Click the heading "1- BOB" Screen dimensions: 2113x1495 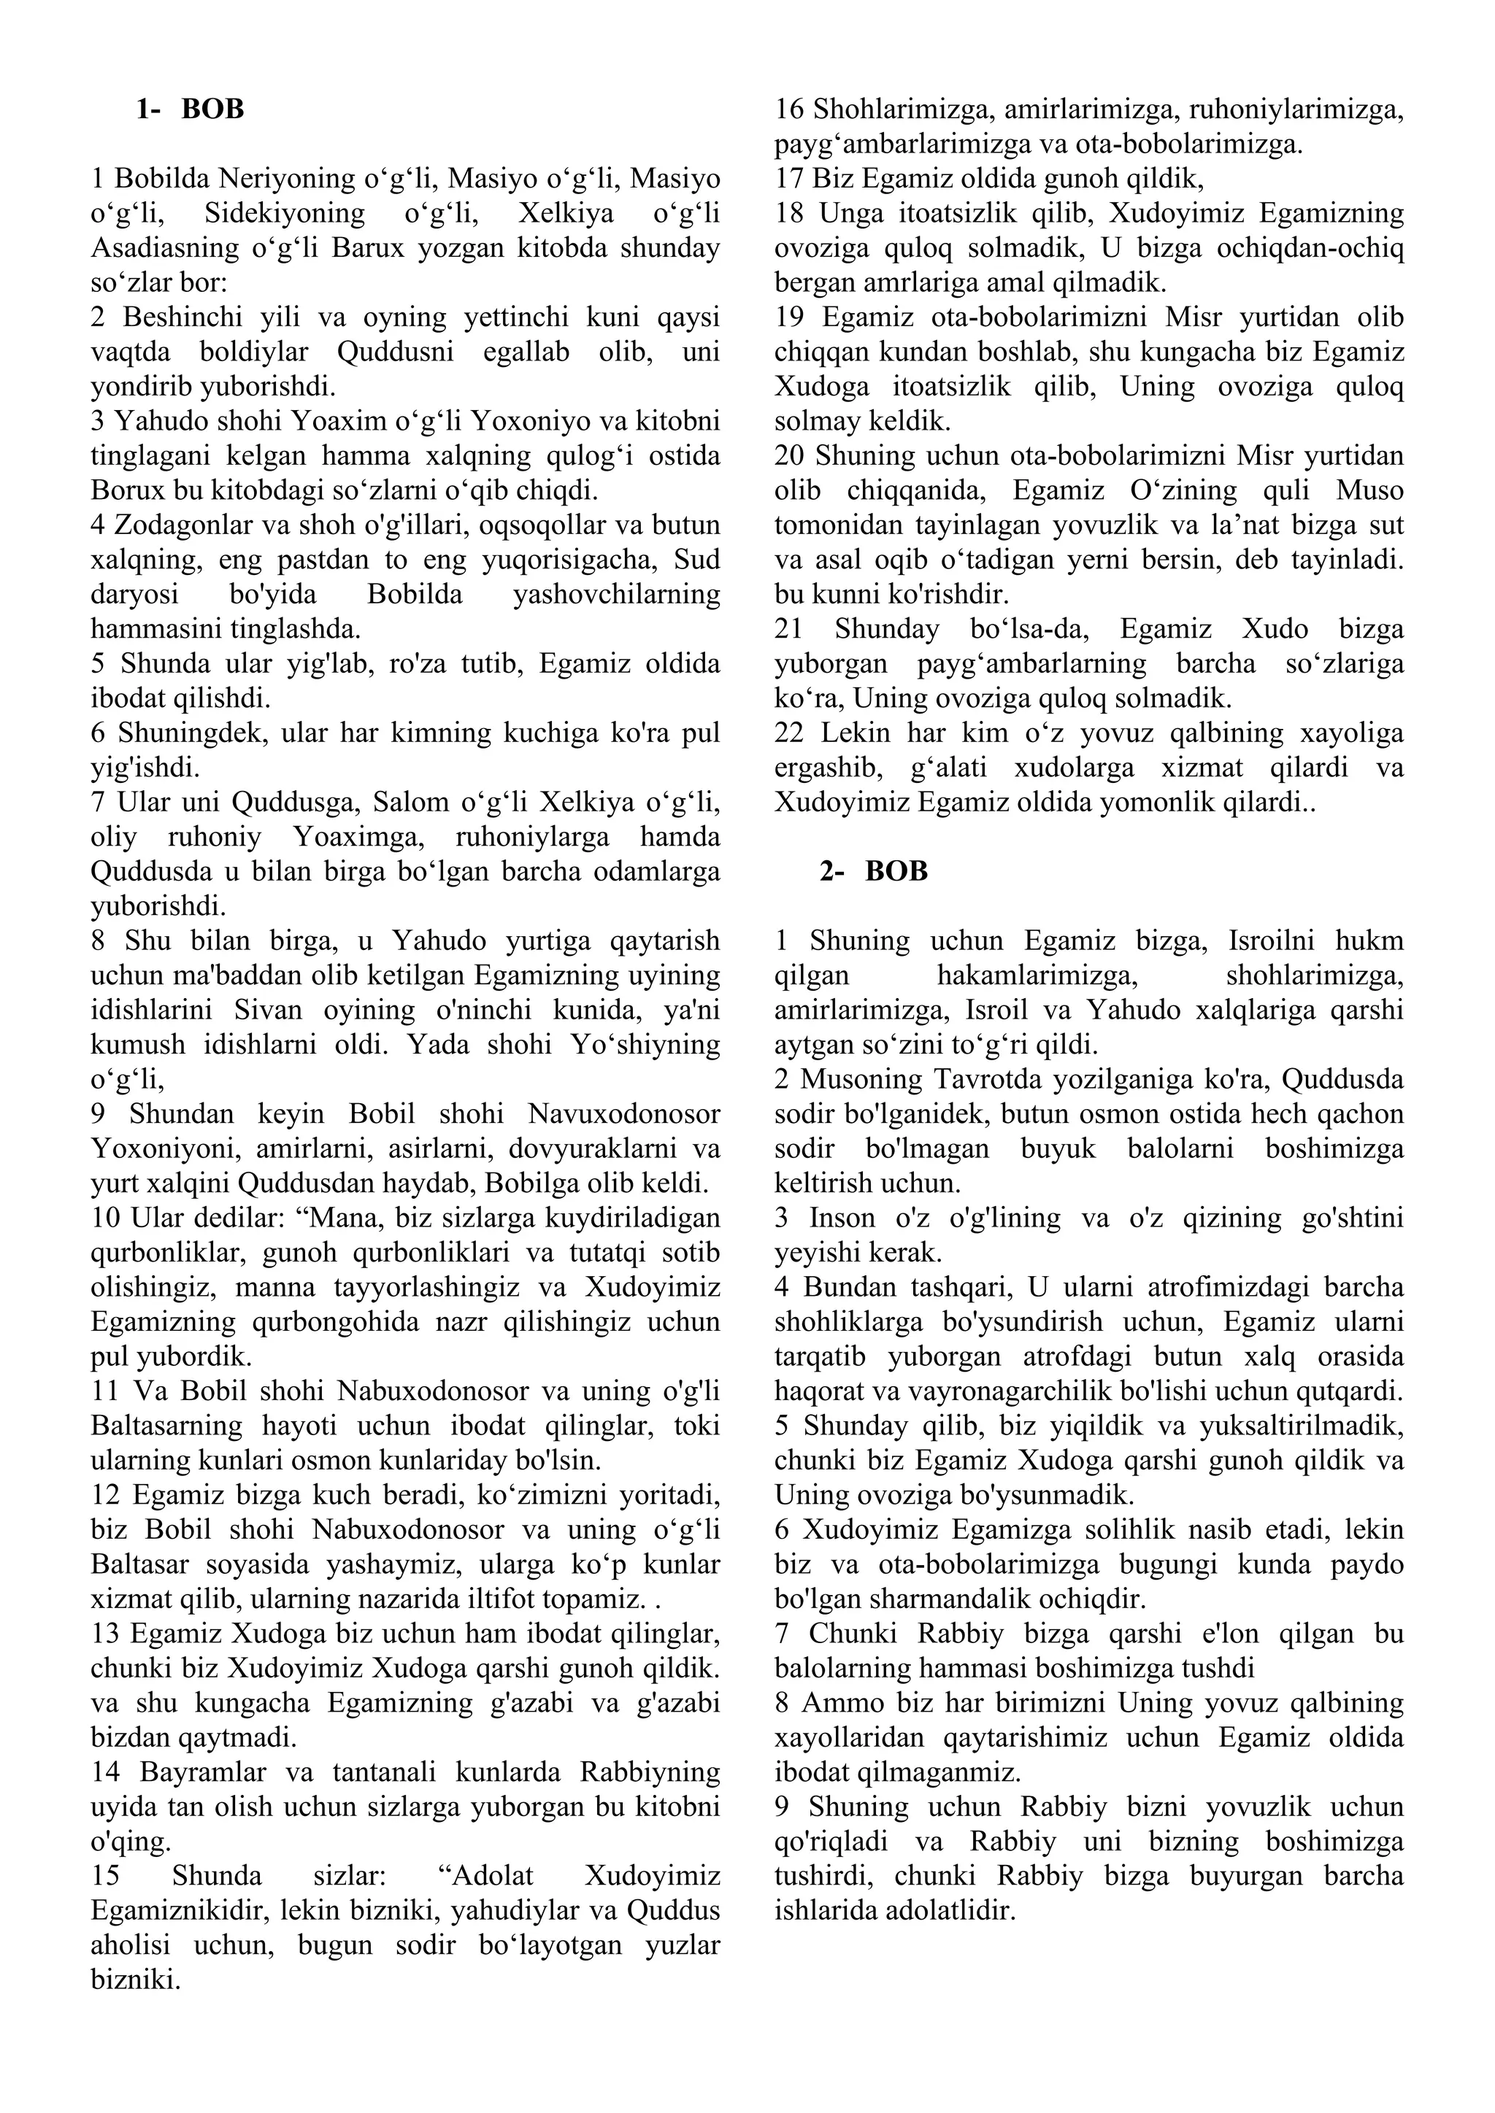click(x=190, y=109)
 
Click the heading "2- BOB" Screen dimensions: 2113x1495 click(x=874, y=870)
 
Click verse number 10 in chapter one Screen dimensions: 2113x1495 click(x=106, y=1218)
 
